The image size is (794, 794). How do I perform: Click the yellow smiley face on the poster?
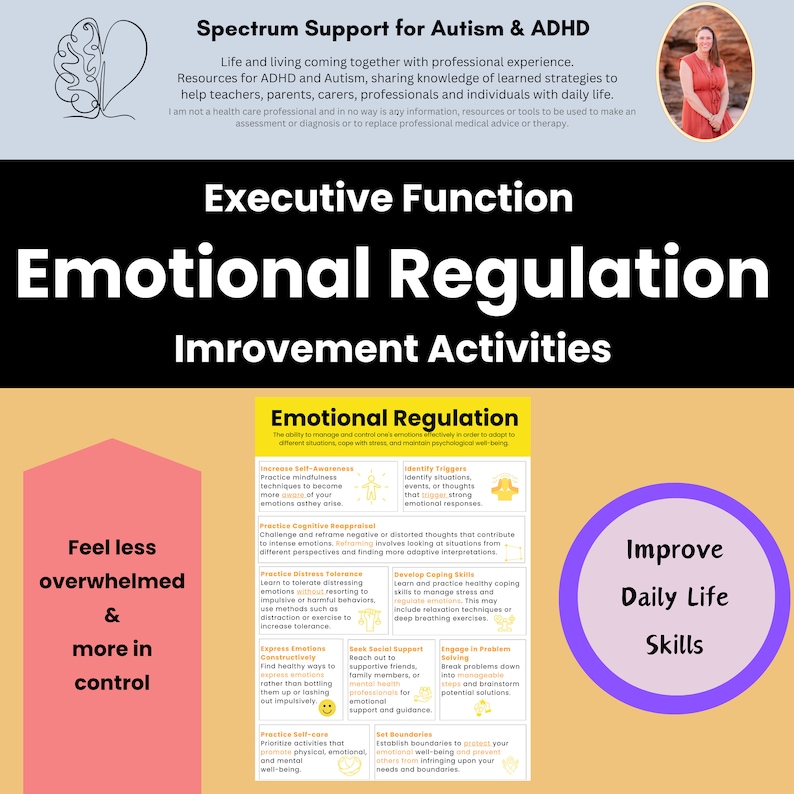[327, 708]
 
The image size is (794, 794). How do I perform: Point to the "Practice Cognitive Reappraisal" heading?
[318, 525]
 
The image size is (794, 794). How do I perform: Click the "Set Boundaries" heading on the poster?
[403, 734]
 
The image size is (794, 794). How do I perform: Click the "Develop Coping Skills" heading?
[434, 575]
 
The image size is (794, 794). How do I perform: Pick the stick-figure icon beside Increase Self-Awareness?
[373, 488]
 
